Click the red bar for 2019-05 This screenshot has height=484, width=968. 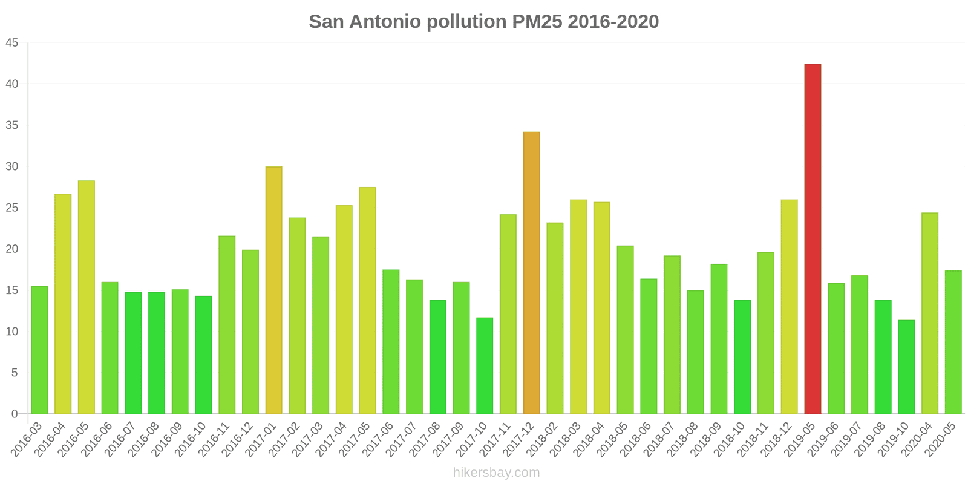click(813, 239)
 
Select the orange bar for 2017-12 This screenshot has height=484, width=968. click(531, 273)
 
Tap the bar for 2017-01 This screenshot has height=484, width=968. click(273, 290)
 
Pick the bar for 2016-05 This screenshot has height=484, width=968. click(86, 297)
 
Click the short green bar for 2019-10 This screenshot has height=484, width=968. click(906, 367)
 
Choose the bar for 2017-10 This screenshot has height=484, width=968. click(485, 365)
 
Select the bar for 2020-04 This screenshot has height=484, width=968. click(930, 313)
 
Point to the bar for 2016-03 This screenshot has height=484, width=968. click(39, 350)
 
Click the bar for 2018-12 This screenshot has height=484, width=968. click(789, 307)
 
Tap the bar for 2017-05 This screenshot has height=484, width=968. click(367, 301)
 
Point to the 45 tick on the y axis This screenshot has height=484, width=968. click(12, 43)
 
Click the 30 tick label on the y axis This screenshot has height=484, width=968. click(12, 166)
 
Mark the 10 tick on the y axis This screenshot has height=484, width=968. click(12, 332)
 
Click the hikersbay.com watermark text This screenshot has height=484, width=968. click(496, 473)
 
